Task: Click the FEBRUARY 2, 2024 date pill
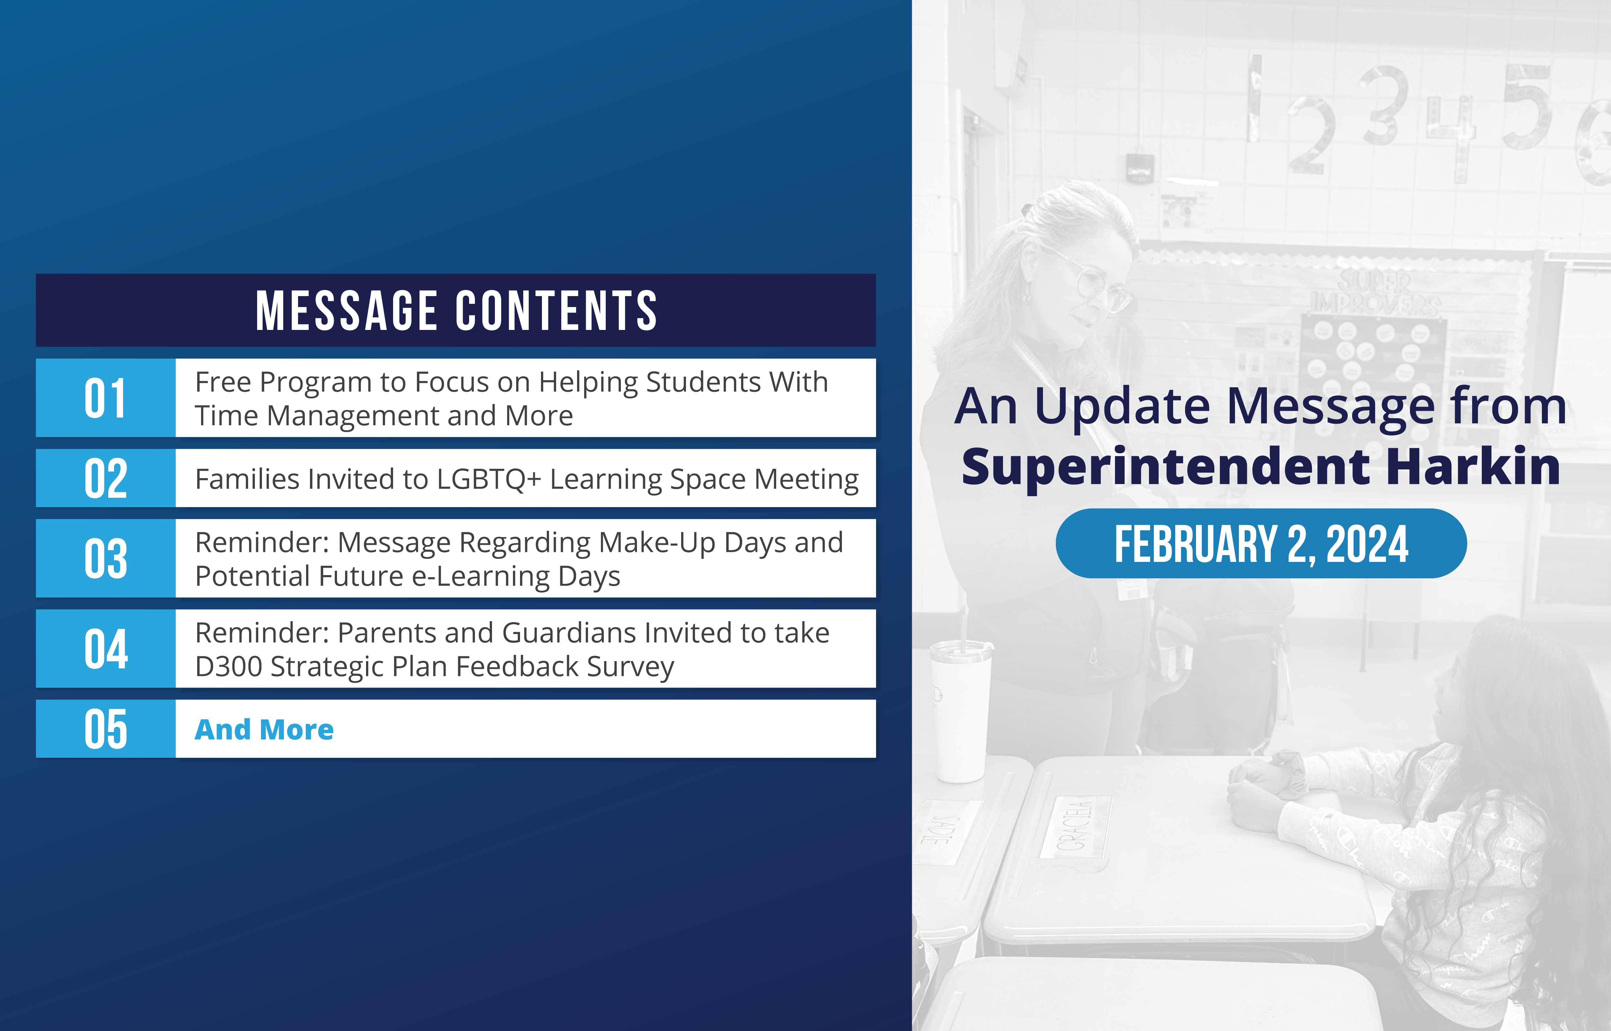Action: tap(1261, 544)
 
